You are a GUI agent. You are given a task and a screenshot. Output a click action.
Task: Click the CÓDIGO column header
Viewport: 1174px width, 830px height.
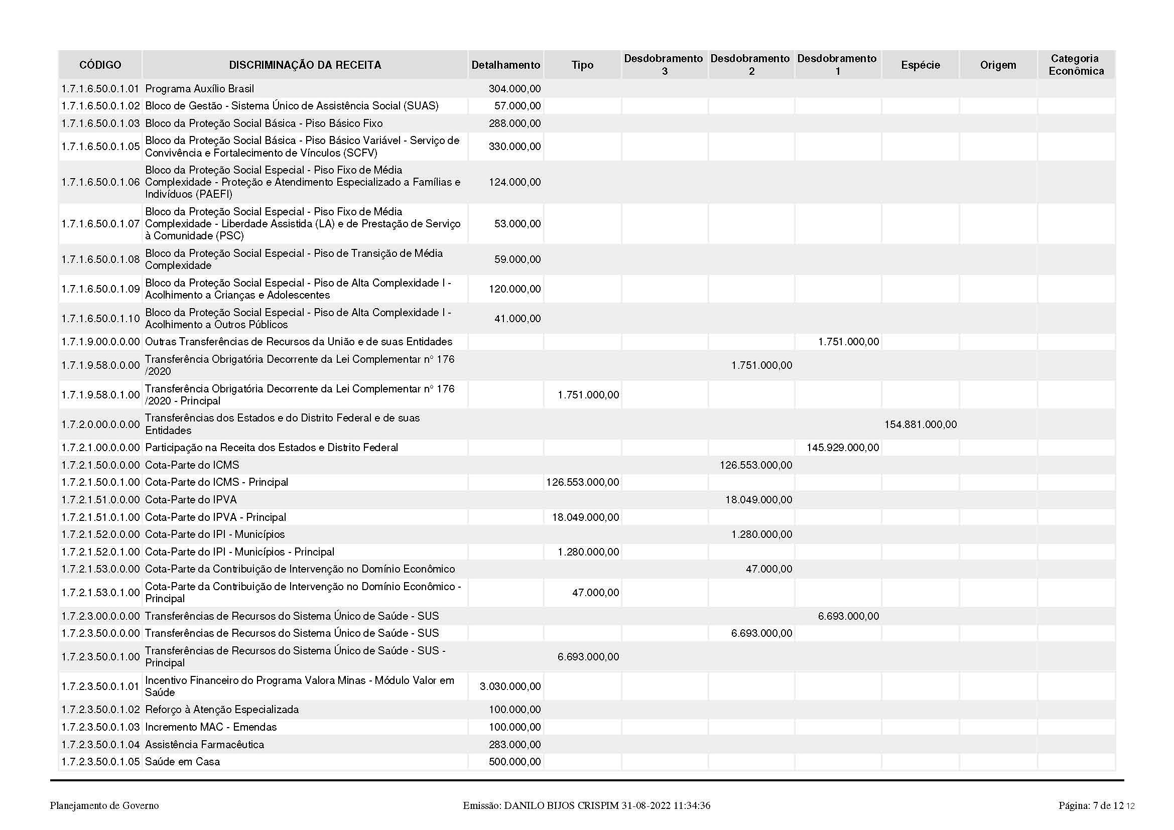coord(100,65)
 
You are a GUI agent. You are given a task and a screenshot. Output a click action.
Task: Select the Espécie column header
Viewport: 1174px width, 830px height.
coord(921,65)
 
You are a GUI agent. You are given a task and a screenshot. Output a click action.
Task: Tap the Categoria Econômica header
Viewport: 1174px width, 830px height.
coord(1076,65)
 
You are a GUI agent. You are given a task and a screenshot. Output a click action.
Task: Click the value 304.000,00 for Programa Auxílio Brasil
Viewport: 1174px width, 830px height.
coord(514,89)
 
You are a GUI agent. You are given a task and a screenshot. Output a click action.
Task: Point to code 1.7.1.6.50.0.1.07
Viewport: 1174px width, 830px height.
coord(100,224)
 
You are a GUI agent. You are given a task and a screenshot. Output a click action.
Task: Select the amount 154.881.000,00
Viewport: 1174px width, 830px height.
coord(921,424)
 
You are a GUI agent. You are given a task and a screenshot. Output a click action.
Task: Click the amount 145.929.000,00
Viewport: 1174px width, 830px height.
coord(843,448)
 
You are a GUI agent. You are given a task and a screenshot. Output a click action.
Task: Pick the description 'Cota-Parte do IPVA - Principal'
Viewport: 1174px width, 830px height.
coord(215,517)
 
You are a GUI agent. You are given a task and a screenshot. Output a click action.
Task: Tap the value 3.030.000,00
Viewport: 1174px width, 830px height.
coord(510,686)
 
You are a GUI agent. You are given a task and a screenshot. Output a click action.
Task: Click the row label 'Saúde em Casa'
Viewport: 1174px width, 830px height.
coord(183,762)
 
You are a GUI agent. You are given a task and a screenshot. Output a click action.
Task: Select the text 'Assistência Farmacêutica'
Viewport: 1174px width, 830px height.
coord(204,745)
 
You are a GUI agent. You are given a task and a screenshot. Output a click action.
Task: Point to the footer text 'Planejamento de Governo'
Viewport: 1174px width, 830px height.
coord(104,806)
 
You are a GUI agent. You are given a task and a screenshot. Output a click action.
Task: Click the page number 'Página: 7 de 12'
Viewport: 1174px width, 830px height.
coord(1091,806)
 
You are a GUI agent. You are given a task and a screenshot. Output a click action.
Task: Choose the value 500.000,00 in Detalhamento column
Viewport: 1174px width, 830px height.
coord(514,762)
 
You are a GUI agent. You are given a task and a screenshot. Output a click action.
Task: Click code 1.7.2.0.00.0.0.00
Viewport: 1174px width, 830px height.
coord(100,424)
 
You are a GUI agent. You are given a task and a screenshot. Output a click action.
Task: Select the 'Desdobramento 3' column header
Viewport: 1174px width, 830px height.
coord(664,65)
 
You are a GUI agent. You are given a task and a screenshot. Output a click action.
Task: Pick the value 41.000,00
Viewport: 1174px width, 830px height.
coord(517,319)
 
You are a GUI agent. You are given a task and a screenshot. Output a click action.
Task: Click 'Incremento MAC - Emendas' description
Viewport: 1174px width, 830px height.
coord(211,727)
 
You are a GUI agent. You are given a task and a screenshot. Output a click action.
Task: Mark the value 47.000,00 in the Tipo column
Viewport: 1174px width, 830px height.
coord(595,593)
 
